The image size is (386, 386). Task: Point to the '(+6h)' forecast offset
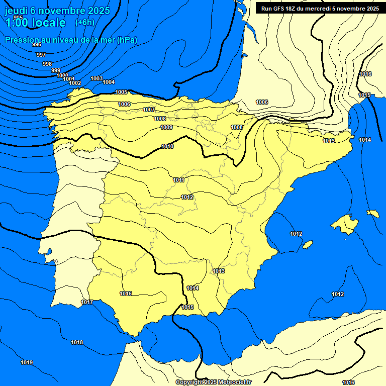click(x=84, y=23)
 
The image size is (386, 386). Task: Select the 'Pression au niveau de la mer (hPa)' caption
click(x=71, y=40)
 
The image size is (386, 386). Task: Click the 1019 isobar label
click(x=27, y=362)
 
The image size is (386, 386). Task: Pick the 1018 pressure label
click(x=77, y=342)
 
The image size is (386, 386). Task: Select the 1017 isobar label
click(x=87, y=302)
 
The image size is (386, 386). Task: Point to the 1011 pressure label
click(x=179, y=180)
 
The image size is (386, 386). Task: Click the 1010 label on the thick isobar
click(x=167, y=146)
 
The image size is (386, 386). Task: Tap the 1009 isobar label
click(x=167, y=127)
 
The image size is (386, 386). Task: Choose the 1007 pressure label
click(x=149, y=110)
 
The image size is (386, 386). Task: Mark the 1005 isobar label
click(x=121, y=92)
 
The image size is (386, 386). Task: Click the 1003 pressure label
click(x=96, y=78)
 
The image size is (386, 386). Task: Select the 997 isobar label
click(x=41, y=55)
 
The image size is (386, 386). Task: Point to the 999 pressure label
click(x=56, y=70)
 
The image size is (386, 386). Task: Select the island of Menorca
click(x=373, y=214)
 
